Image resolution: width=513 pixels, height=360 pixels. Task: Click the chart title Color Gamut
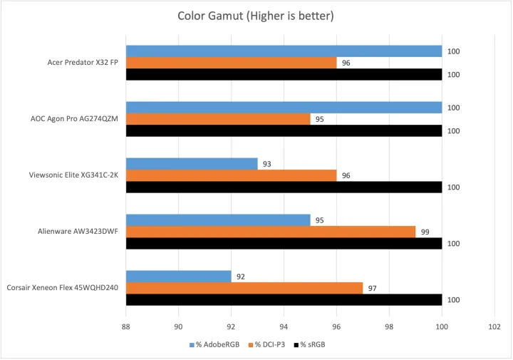click(x=256, y=16)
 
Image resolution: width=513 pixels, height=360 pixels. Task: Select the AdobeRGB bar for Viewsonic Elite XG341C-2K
click(x=192, y=164)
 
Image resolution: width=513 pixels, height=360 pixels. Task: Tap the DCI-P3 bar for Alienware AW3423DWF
click(x=271, y=232)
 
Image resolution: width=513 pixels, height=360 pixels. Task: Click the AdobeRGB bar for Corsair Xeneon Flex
click(x=179, y=277)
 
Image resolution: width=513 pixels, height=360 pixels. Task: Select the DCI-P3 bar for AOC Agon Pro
click(x=218, y=119)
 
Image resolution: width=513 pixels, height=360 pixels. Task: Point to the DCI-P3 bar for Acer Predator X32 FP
click(x=231, y=63)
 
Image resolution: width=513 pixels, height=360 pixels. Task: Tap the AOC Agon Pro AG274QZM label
click(x=74, y=119)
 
